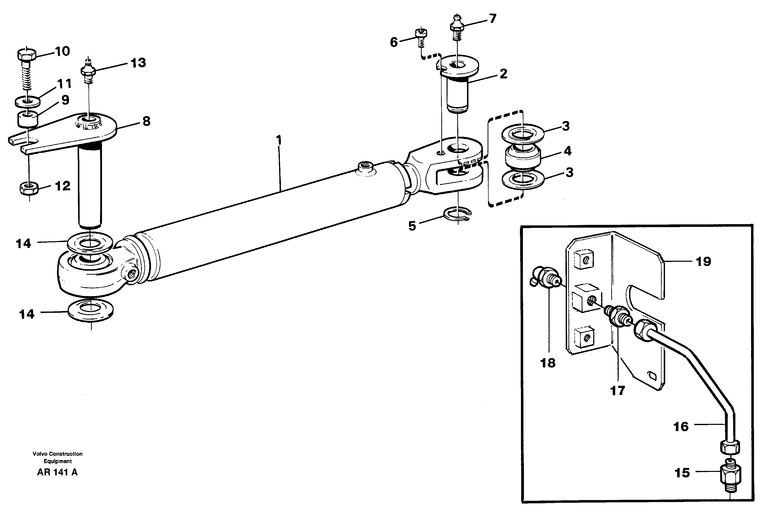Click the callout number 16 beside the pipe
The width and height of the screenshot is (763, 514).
tap(681, 427)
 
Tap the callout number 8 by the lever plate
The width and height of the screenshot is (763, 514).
tap(146, 121)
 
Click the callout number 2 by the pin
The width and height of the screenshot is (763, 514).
tap(503, 73)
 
